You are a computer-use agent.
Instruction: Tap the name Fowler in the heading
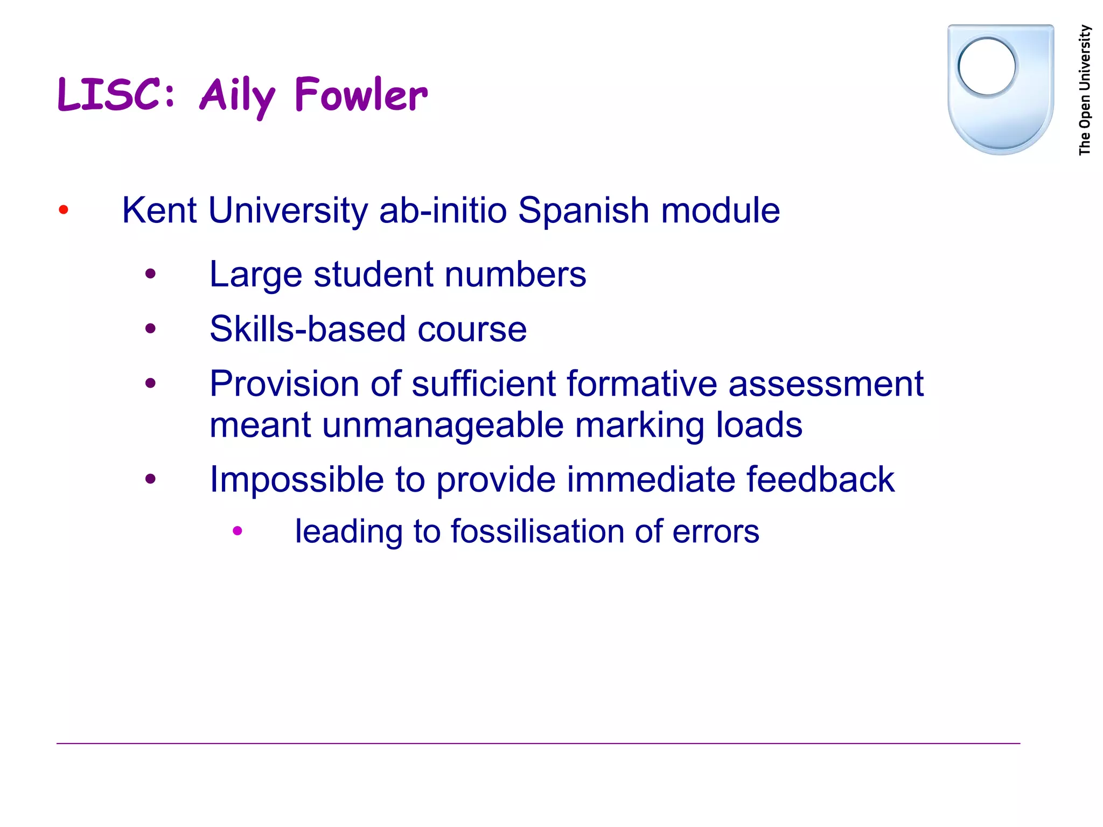361,95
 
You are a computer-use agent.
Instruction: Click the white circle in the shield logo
987,66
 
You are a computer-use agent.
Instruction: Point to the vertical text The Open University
1085,90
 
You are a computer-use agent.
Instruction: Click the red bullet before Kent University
64,209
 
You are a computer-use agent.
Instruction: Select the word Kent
159,210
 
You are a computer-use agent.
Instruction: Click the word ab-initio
443,210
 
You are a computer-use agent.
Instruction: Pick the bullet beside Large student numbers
150,274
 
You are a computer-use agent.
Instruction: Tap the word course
472,330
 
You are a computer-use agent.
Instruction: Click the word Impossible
297,479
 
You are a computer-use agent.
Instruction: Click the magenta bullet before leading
238,531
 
